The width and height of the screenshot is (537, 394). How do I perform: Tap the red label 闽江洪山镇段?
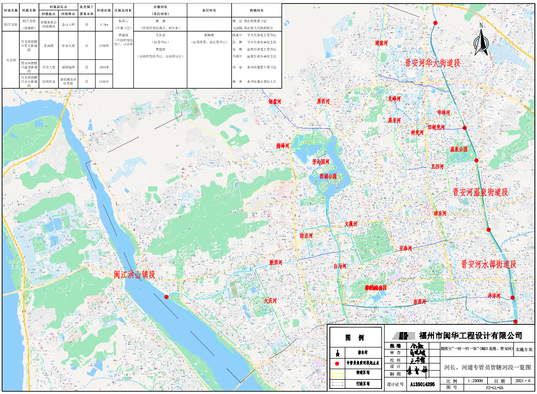(134, 275)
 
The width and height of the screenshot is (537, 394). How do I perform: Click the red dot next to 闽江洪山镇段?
(166, 297)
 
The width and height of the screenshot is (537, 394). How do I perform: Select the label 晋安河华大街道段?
(432, 63)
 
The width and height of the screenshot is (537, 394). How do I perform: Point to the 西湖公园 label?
(328, 176)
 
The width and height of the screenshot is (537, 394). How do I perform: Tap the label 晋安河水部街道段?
(488, 264)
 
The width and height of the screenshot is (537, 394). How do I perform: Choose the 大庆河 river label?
(270, 301)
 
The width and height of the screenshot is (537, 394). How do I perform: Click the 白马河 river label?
(340, 266)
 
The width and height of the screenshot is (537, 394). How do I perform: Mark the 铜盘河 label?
(275, 101)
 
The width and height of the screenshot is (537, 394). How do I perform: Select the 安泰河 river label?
(406, 248)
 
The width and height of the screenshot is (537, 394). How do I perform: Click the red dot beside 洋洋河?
(512, 297)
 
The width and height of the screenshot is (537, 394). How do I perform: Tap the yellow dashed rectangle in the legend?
(337, 374)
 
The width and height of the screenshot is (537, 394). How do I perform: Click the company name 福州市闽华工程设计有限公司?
(470, 336)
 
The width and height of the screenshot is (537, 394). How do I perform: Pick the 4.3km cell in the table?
(104, 24)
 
